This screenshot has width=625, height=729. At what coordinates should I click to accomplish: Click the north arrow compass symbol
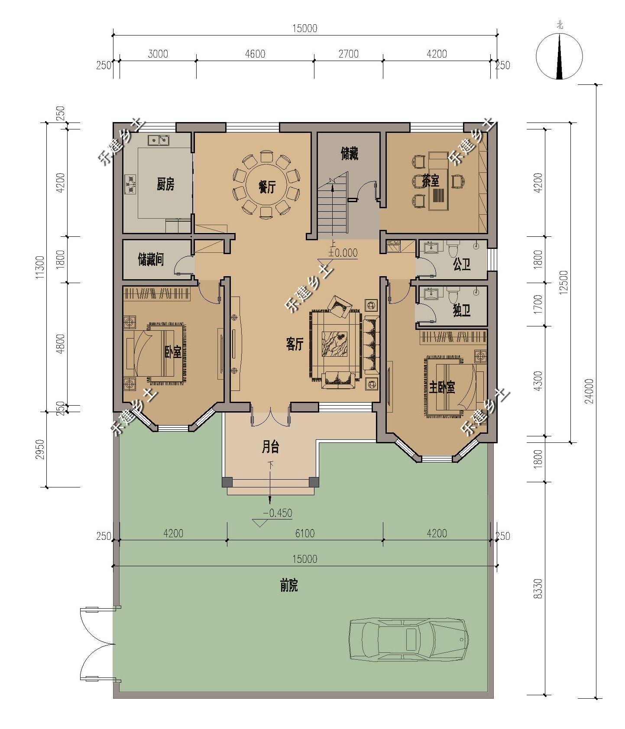coord(560,56)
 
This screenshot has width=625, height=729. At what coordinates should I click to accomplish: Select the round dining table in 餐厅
coord(267,187)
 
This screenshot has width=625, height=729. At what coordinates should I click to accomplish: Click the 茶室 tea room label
coord(431,181)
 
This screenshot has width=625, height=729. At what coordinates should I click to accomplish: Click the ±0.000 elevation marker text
coord(343,252)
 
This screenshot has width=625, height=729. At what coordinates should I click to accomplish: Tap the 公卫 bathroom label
coord(461,264)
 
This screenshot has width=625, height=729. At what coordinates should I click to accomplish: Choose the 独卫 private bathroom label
coord(461,310)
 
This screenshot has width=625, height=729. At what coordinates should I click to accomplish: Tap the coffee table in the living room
coord(335,344)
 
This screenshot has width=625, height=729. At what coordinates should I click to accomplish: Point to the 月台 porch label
coord(270,447)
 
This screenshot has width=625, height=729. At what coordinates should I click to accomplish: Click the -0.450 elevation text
coord(278,513)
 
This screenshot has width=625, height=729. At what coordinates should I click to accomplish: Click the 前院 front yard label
coord(288,586)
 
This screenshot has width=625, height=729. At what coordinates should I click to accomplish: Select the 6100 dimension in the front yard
coord(305,533)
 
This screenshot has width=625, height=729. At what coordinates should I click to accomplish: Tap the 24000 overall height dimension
coord(589,391)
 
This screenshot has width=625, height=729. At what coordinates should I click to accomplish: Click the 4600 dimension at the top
coord(255,54)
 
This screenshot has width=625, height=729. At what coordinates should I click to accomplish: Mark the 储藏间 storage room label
coord(151,260)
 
